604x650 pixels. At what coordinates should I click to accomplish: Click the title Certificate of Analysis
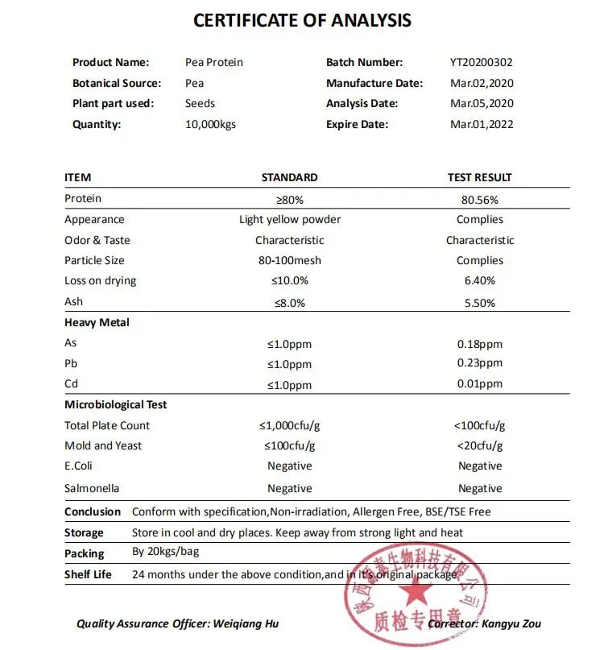302,21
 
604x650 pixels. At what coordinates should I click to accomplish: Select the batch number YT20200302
482,62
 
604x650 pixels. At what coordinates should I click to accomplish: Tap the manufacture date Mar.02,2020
482,83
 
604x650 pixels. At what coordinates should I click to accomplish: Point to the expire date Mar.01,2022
482,124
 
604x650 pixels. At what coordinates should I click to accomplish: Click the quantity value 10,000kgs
210,124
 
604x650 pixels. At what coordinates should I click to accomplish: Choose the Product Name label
110,62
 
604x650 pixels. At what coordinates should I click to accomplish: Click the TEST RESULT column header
479,177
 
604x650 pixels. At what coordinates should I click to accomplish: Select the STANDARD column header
289,177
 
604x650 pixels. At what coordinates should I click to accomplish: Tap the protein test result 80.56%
479,199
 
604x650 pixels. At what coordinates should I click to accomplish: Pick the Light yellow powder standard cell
289,219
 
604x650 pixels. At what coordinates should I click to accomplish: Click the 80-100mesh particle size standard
289,260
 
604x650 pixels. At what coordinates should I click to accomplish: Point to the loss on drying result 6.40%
479,281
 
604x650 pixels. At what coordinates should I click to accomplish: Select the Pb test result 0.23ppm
479,363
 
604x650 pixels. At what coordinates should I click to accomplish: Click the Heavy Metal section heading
97,322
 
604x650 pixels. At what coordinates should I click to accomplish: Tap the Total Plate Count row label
107,425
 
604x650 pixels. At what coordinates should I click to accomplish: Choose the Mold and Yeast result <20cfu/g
479,445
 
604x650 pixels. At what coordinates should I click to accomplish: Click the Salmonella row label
92,488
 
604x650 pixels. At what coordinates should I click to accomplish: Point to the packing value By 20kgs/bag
165,553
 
